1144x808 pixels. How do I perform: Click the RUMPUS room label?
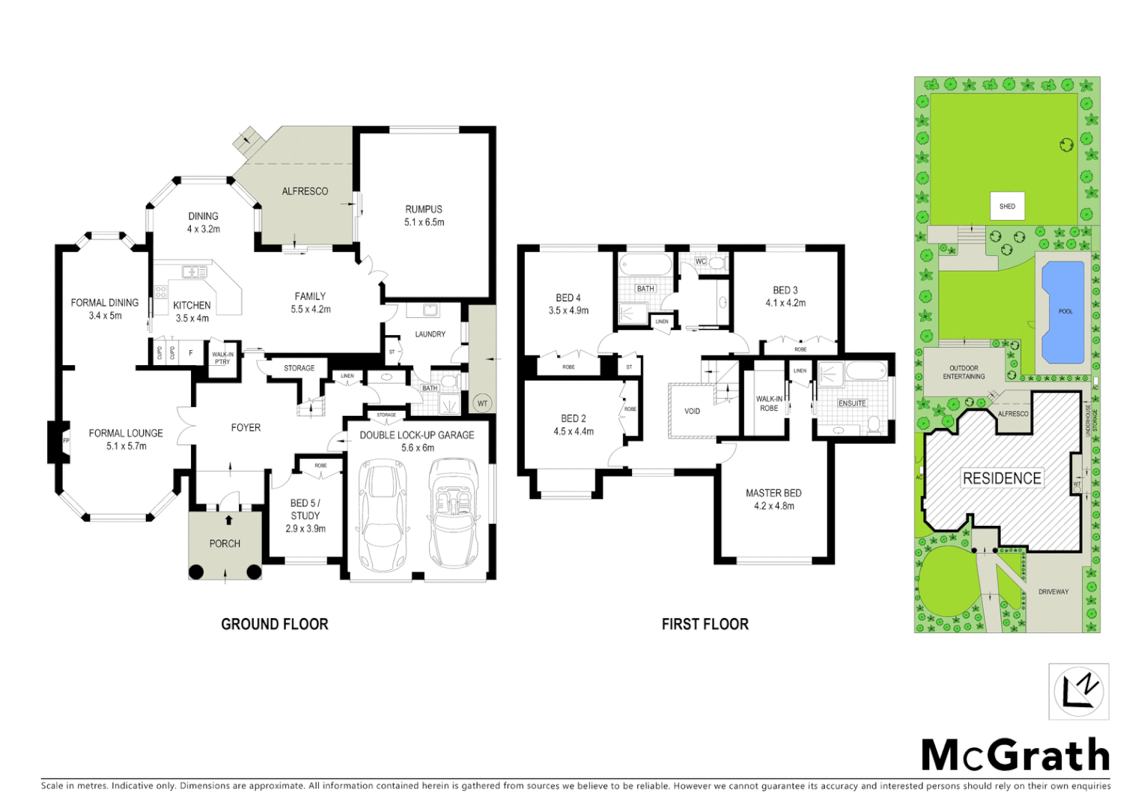coord(424,209)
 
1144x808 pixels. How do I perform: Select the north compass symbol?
coord(1078,691)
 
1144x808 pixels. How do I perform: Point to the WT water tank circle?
coord(482,403)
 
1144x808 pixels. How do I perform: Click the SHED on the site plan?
coord(1007,206)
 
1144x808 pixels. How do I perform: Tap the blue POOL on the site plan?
coord(1065,310)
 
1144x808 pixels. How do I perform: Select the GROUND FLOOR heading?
coord(275,624)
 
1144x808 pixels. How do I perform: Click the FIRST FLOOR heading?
coord(705,624)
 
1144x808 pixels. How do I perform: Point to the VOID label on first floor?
coord(693,411)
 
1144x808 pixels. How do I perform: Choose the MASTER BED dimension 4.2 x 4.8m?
coord(773,506)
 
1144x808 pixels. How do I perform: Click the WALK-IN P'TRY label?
coord(222,358)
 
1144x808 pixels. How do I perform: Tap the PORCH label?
coord(225,544)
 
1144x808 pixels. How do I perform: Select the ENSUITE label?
coord(852,403)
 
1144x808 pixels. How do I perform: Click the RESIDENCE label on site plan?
coord(1002,478)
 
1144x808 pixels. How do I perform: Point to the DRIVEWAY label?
coord(1053,592)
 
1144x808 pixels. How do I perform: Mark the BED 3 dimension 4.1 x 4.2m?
coord(785,303)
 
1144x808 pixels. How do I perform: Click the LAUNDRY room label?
coord(430,334)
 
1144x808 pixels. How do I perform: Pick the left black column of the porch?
coord(195,572)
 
